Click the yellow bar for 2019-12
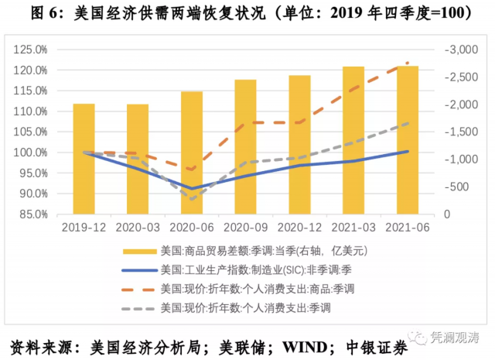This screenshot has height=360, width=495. pyautogui.click(x=84, y=159)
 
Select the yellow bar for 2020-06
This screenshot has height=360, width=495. pyautogui.click(x=192, y=153)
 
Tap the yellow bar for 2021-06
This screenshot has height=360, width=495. pyautogui.click(x=408, y=140)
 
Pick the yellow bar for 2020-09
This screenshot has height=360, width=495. pyautogui.click(x=245, y=146)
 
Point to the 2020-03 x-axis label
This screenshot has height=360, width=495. pyautogui.click(x=137, y=228)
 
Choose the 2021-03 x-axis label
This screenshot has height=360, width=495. pyautogui.click(x=353, y=228)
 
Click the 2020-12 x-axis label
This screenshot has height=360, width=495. pyautogui.click(x=299, y=228)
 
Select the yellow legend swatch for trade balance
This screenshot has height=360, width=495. pyautogui.click(x=138, y=251)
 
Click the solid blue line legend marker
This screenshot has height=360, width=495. pyautogui.click(x=138, y=270)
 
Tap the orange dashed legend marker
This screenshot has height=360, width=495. pyautogui.click(x=138, y=289)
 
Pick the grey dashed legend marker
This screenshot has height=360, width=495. pyautogui.click(x=138, y=308)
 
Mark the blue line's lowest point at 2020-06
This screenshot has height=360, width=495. pyautogui.click(x=192, y=188)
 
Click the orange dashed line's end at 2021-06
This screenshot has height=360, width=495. pyautogui.click(x=408, y=63)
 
